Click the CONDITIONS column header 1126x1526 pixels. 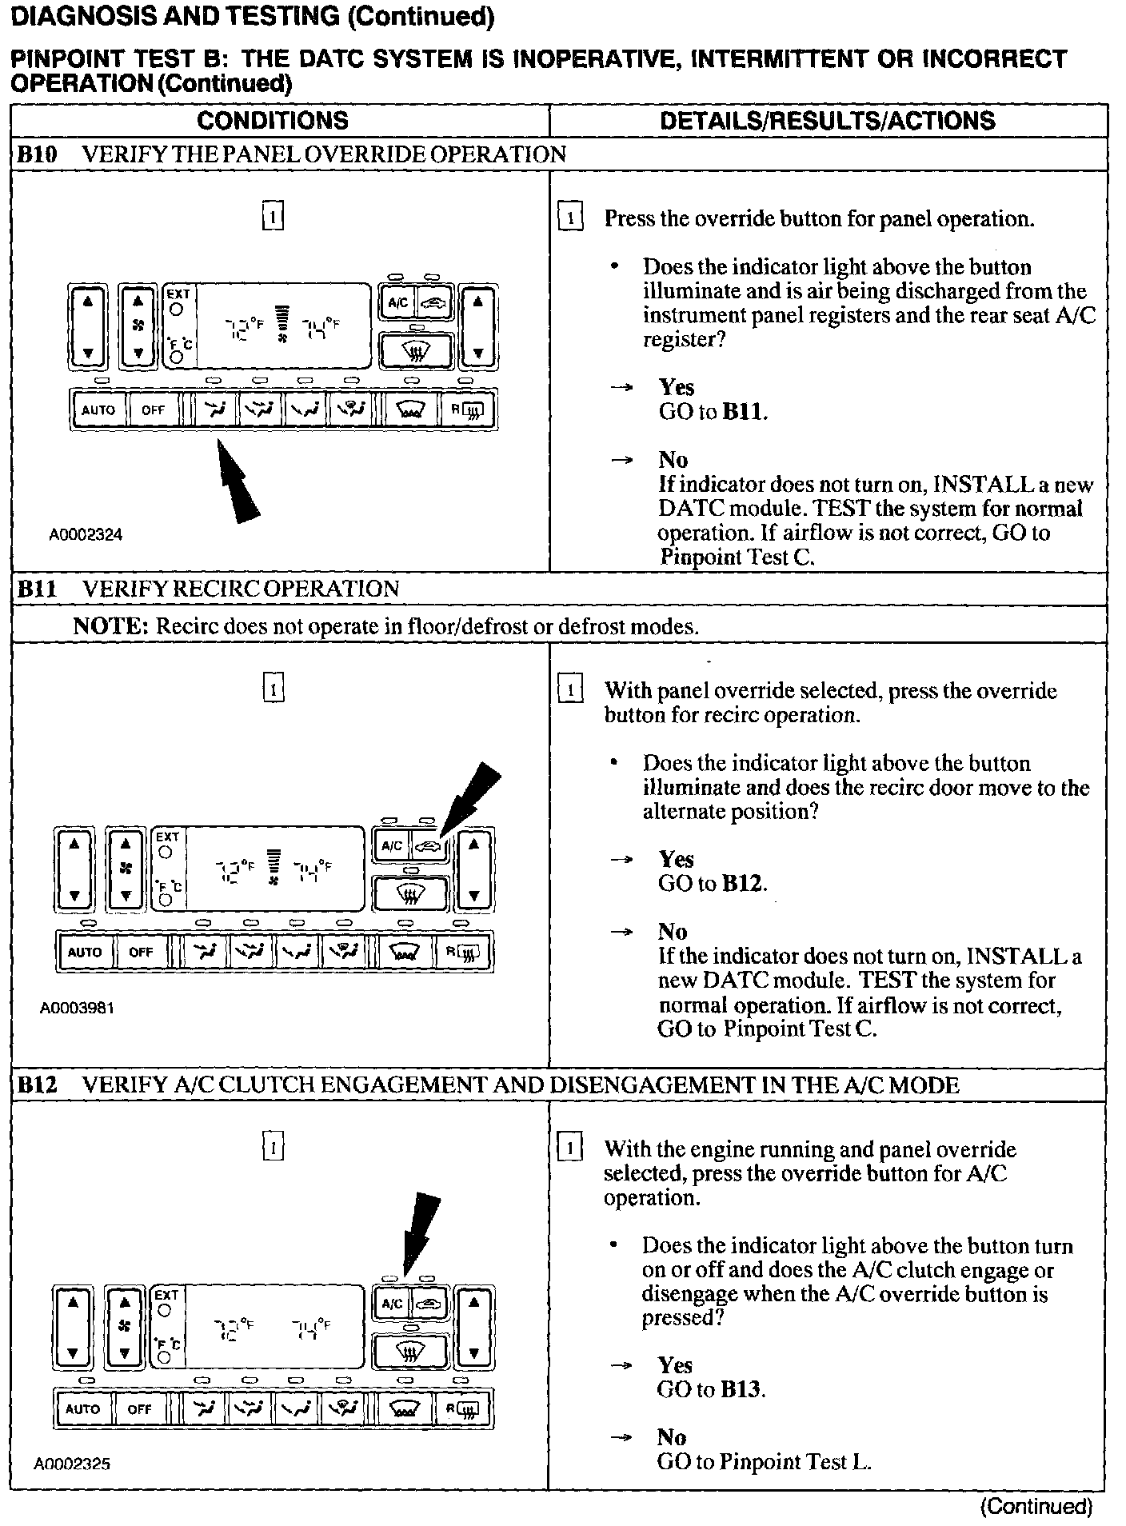273,121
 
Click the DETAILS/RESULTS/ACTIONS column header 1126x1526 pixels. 827,121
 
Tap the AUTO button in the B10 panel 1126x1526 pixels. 98,410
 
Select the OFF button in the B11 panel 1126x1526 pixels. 141,952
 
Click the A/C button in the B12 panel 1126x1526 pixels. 392,1304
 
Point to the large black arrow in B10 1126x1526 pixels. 238,484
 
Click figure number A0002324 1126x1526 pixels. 86,535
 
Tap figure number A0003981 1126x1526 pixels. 77,1009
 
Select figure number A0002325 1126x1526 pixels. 72,1464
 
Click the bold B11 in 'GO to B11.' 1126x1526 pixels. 744,412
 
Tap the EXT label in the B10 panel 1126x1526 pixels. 178,294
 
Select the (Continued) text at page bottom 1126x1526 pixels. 1036,1507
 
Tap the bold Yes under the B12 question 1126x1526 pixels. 675,1365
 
